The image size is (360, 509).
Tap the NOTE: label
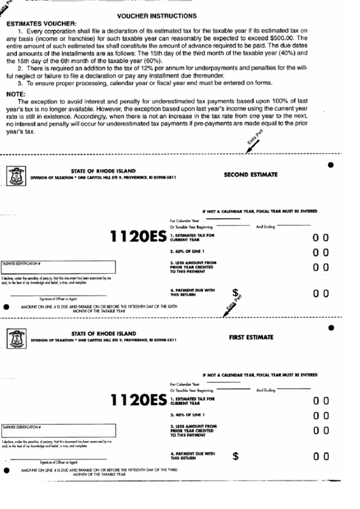point(16,93)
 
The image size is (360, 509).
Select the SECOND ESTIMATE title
point(250,175)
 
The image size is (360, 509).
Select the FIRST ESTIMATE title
point(251,337)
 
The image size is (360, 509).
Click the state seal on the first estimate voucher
point(16,338)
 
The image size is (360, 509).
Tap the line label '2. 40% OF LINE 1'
point(192,415)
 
